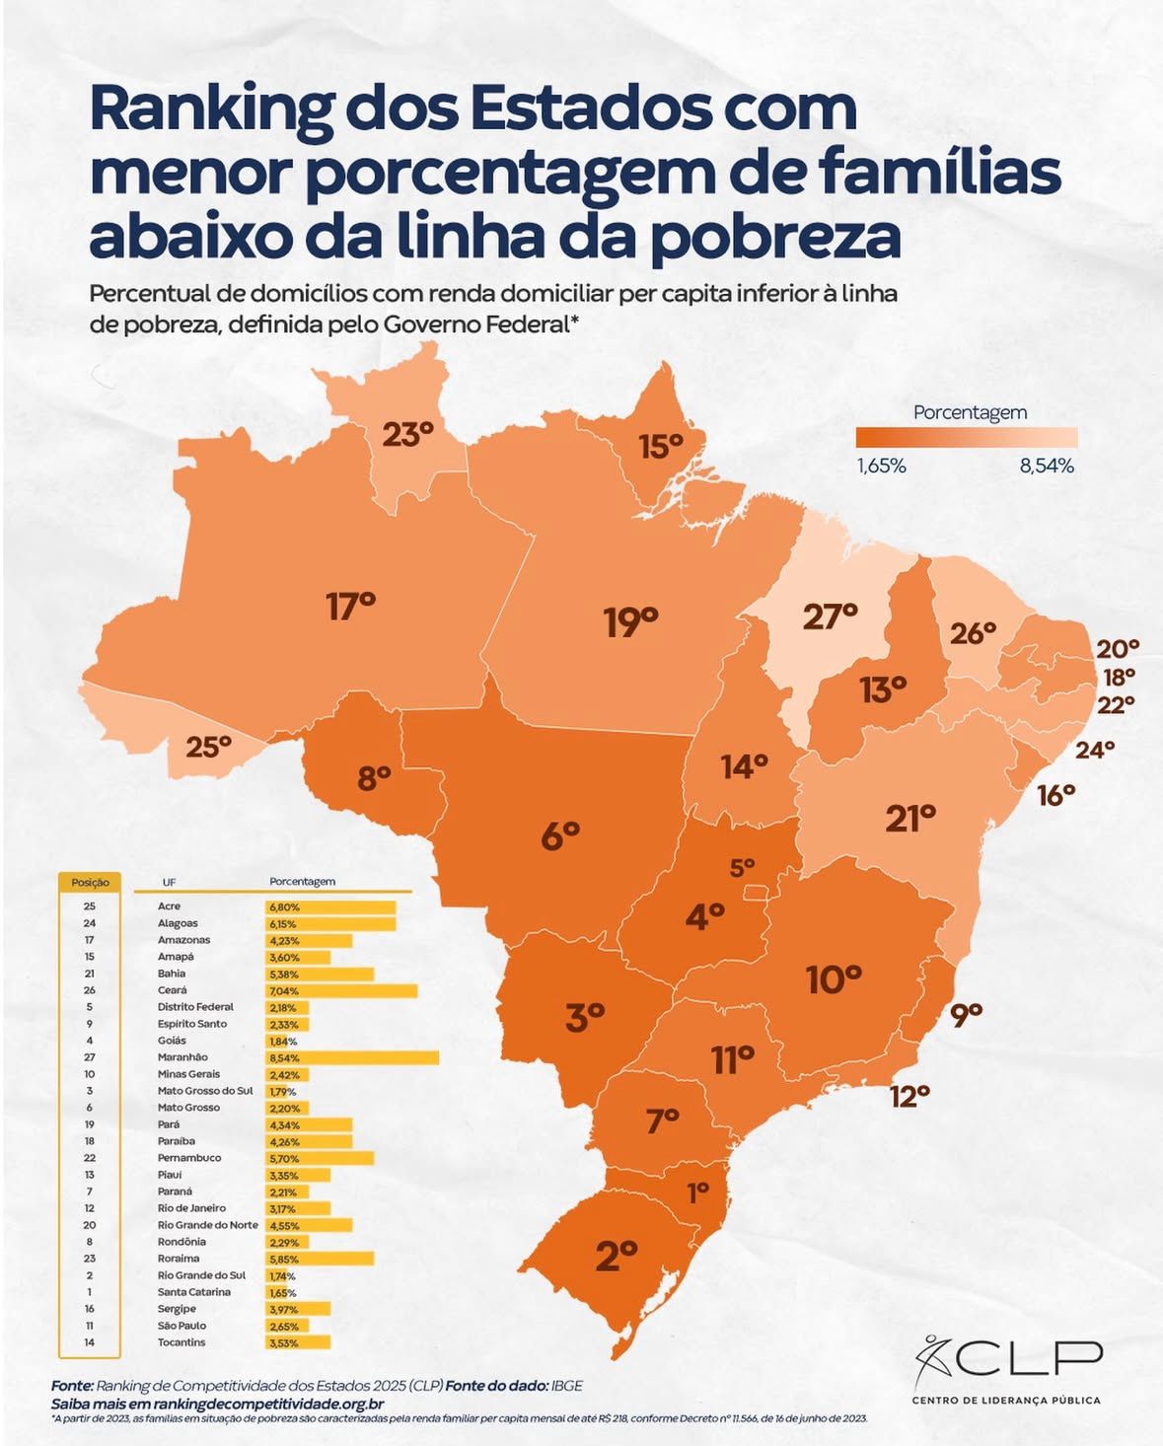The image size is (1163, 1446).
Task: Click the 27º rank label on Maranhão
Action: point(829,616)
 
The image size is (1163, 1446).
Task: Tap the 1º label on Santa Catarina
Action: point(697,1193)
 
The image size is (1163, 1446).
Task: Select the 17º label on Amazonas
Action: point(350,606)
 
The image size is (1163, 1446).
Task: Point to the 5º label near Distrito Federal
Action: point(742,868)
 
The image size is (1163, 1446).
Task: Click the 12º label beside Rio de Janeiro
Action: point(909,1095)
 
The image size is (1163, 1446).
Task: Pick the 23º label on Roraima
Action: point(407,434)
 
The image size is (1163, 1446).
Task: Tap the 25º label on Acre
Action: point(208,747)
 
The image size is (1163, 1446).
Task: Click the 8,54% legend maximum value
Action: point(1046,466)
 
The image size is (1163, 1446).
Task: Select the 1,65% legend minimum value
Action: point(881,466)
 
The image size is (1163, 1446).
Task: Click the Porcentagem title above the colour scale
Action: point(969,412)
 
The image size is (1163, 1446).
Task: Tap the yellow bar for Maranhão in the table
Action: point(351,1057)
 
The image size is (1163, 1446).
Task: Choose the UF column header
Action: point(170,882)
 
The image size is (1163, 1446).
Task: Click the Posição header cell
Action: point(90,882)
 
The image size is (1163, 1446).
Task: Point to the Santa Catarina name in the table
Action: point(194,1292)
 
